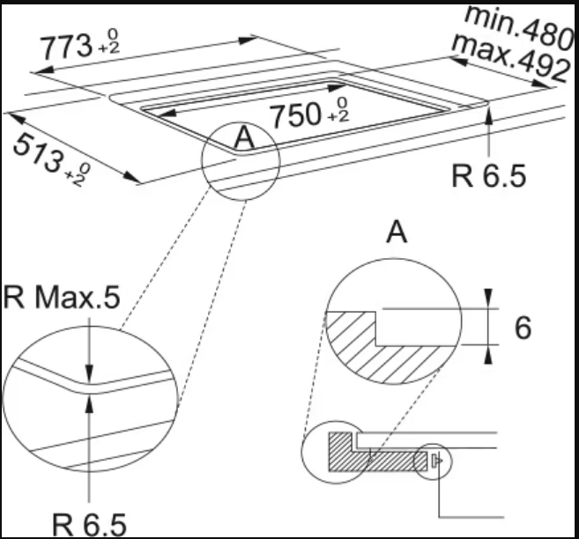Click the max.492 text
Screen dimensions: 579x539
509,58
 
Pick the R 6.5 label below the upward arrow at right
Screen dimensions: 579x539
488,176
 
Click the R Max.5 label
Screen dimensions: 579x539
62,297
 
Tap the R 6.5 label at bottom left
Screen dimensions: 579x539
90,524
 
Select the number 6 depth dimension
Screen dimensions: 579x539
523,328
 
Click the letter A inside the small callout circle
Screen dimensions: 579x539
244,137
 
